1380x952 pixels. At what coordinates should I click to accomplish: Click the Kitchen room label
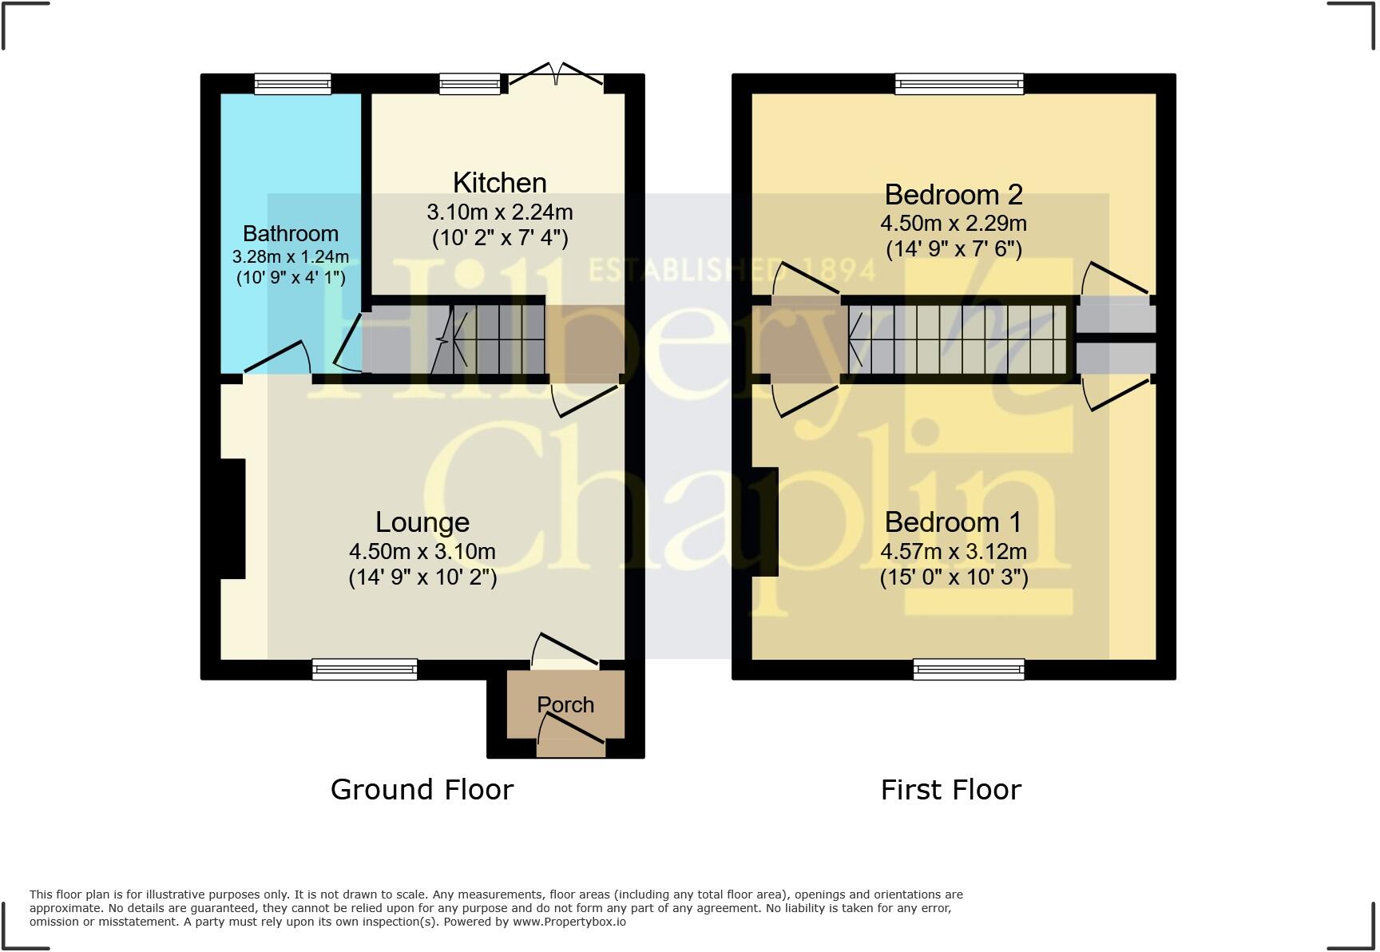coord(499,183)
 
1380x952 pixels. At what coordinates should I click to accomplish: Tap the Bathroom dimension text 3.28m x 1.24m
coord(290,257)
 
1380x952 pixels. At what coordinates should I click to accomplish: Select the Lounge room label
coord(422,522)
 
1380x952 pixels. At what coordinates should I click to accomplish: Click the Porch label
coord(565,704)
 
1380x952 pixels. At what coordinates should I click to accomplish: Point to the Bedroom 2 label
coord(953,195)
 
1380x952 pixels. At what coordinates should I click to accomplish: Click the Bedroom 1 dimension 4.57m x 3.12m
coord(953,552)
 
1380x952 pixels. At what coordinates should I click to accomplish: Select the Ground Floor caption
coord(422,789)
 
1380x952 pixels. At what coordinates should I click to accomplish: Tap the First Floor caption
coord(950,790)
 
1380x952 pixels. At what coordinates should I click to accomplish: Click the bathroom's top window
coord(292,84)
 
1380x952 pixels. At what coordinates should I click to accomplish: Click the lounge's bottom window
coord(364,668)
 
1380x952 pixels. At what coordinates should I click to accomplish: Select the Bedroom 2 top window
coord(958,84)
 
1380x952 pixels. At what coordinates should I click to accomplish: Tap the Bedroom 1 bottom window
coord(968,668)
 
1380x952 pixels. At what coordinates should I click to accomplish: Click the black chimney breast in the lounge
coord(232,518)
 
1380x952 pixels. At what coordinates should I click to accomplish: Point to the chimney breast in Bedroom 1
coord(764,522)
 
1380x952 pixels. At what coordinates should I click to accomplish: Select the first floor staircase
coord(958,340)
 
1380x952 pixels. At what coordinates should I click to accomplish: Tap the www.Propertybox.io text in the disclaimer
coord(569,922)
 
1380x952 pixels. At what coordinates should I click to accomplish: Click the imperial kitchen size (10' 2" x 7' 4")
coord(499,238)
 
